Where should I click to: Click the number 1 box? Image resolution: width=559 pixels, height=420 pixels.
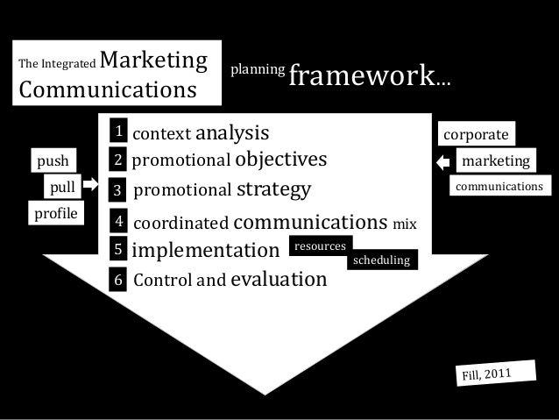(x=117, y=132)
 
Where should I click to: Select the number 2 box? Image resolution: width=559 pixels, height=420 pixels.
(x=117, y=160)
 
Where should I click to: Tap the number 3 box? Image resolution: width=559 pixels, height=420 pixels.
(x=117, y=189)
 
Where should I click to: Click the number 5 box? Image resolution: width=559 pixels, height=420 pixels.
(x=118, y=251)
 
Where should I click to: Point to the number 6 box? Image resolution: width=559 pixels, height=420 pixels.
(x=118, y=281)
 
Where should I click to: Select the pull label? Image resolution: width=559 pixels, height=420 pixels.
(x=61, y=187)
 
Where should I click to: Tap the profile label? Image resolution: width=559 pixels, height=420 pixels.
(x=54, y=212)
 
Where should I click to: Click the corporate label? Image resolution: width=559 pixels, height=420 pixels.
(x=476, y=135)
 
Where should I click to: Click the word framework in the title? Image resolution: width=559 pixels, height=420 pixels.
(x=362, y=77)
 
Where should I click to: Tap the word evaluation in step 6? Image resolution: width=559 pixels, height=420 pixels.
(x=278, y=280)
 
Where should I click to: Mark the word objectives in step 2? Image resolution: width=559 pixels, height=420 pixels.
(x=280, y=159)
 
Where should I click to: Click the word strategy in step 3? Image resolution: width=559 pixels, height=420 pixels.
(x=274, y=189)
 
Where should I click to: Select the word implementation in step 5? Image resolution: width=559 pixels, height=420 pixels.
(x=204, y=251)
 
